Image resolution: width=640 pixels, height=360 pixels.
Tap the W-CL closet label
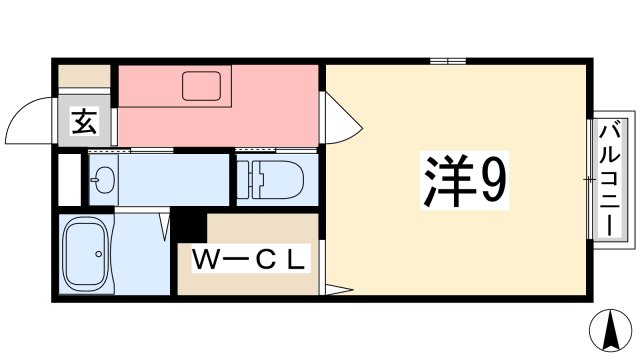pos(248,260)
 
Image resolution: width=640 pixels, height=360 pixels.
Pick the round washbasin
pos(103,180)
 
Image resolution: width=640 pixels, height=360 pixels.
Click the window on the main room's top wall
pos(448,62)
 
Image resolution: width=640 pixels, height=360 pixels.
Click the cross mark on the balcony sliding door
pos(590,180)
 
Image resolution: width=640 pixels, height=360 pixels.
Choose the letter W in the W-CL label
pos(204,260)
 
